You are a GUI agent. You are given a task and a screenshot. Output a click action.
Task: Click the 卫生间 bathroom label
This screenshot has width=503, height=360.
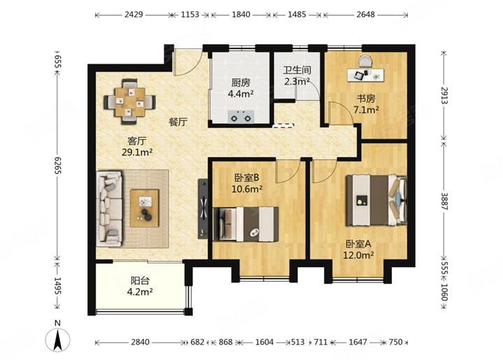click(x=297, y=70)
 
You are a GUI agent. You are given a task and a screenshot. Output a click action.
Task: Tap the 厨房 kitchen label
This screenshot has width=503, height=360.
click(x=240, y=82)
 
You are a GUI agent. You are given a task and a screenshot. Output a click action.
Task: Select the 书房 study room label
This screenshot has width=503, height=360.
click(x=366, y=99)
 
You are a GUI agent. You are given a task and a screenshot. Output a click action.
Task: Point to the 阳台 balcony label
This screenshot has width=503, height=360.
click(x=140, y=281)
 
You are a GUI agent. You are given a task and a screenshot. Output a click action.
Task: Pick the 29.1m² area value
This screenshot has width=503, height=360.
click(x=137, y=152)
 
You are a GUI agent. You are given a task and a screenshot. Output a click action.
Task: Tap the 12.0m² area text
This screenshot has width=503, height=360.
click(x=358, y=255)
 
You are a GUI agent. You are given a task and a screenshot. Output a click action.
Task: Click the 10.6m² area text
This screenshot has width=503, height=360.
click(x=247, y=189)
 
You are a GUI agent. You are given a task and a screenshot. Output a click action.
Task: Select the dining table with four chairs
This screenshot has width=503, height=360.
click(x=130, y=102)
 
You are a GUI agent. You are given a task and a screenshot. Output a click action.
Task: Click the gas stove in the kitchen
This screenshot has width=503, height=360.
click(x=241, y=117)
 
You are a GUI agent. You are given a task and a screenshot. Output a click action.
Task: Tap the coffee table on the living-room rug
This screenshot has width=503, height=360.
click(x=145, y=208)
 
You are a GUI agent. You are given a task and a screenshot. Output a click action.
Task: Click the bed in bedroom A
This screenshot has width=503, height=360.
click(x=376, y=200)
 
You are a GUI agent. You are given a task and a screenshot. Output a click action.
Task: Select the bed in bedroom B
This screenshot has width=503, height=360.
click(x=245, y=224)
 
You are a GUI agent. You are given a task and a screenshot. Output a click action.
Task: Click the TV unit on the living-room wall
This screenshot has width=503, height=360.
click(x=203, y=208)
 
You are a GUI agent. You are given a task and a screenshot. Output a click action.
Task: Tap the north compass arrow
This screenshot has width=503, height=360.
click(x=58, y=340)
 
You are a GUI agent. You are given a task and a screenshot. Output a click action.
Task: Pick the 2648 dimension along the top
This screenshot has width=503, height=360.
click(x=365, y=15)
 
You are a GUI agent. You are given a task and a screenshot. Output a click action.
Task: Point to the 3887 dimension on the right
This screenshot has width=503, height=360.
click(x=444, y=201)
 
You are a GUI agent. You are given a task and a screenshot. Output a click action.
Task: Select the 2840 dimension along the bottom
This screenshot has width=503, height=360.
click(x=140, y=342)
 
